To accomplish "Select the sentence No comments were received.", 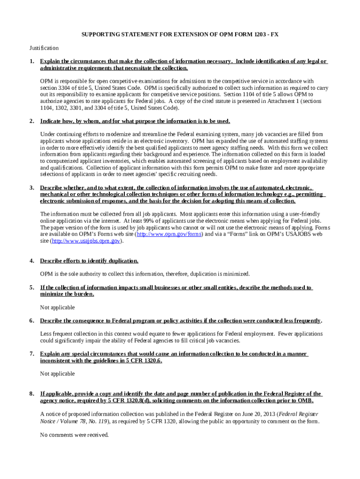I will click(74, 435).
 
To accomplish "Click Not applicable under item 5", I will click(58, 307).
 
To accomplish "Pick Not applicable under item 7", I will click(58, 374).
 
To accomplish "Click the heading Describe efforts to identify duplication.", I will click(89, 261).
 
